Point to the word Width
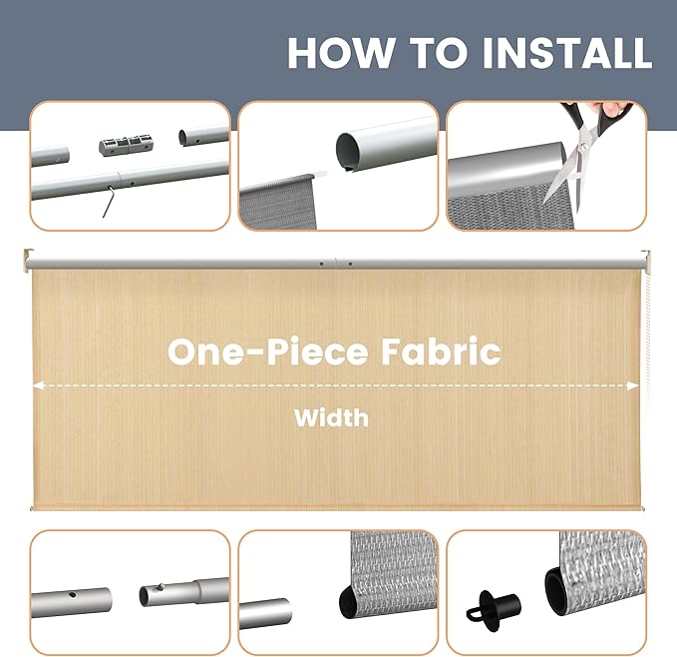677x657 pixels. [331, 416]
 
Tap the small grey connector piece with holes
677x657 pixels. [128, 145]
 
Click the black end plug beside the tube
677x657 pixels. [484, 604]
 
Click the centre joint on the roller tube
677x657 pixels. [337, 264]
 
